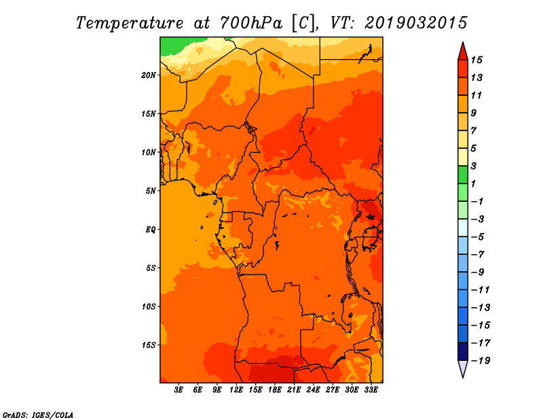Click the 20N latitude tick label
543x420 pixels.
(x=149, y=75)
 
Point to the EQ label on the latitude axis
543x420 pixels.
(x=150, y=230)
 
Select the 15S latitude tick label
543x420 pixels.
(x=149, y=345)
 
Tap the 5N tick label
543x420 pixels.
(x=150, y=191)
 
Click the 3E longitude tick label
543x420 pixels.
(x=179, y=389)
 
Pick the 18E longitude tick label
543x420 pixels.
(x=275, y=389)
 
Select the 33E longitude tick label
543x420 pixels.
(x=371, y=389)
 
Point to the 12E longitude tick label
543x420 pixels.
(x=236, y=389)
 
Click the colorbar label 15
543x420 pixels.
(x=476, y=60)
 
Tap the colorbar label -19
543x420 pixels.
(x=481, y=361)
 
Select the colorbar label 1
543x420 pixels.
(x=473, y=183)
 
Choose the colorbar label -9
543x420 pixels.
(x=478, y=273)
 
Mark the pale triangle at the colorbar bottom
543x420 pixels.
(x=463, y=368)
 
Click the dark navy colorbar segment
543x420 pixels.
(x=463, y=351)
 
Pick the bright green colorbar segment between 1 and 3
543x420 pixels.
(x=463, y=175)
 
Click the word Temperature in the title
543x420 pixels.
(x=130, y=23)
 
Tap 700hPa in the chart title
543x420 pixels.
(x=250, y=23)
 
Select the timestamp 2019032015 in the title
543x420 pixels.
(x=416, y=23)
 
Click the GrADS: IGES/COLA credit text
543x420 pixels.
(x=38, y=415)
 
